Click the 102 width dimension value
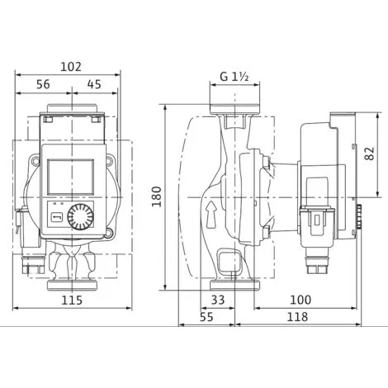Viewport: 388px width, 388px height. (71, 67)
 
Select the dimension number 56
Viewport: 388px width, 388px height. (43, 84)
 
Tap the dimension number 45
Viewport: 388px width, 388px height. (94, 84)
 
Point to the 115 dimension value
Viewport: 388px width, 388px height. (72, 300)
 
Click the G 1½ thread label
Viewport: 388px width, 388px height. (234, 77)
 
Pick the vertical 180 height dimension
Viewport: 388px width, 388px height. (157, 196)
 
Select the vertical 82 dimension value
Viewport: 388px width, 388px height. (370, 154)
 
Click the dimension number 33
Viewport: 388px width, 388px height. (218, 300)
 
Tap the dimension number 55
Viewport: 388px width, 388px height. (206, 317)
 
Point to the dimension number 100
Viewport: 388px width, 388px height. (300, 300)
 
